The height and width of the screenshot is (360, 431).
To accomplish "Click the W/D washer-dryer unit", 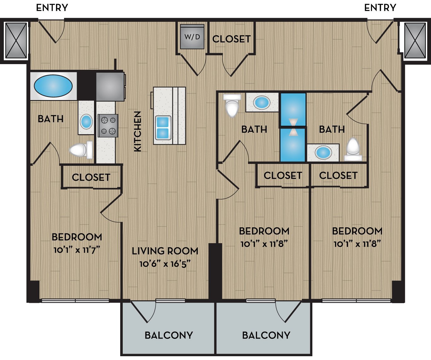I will [x=192, y=37].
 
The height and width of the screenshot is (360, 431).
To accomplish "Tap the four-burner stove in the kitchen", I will [x=108, y=126].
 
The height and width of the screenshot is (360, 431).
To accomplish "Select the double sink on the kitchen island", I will [x=163, y=128].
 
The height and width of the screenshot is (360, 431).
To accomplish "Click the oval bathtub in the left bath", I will [x=53, y=86].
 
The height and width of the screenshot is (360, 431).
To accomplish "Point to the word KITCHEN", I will [x=138, y=131].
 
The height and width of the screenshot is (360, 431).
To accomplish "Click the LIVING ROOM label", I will [x=165, y=251].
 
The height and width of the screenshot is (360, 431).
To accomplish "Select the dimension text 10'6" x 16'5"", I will [x=165, y=264].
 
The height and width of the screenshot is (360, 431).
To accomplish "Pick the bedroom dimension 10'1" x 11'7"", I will [x=77, y=250].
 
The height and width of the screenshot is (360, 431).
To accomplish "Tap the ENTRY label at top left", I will [x=52, y=8].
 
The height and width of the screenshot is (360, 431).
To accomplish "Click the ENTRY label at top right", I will [x=380, y=8].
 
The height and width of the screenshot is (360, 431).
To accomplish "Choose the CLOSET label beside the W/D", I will [x=231, y=39].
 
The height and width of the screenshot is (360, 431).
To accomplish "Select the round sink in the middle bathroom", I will [x=262, y=102].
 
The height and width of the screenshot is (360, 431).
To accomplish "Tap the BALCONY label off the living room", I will [x=168, y=335].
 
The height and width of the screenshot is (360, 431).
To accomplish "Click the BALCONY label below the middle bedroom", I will [x=266, y=335].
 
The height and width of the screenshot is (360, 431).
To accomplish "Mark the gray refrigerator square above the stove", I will [x=110, y=87].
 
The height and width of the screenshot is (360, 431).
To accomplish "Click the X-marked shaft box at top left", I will [x=16, y=40].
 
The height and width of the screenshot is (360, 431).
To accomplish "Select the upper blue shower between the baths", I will [x=293, y=109].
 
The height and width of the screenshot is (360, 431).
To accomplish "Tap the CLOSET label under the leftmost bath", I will [x=91, y=177].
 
